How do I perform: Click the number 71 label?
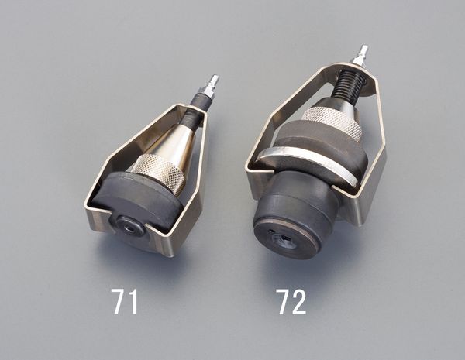[x=125, y=301]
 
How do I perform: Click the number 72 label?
[x=292, y=301]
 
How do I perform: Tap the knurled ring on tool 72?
[x=332, y=122]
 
